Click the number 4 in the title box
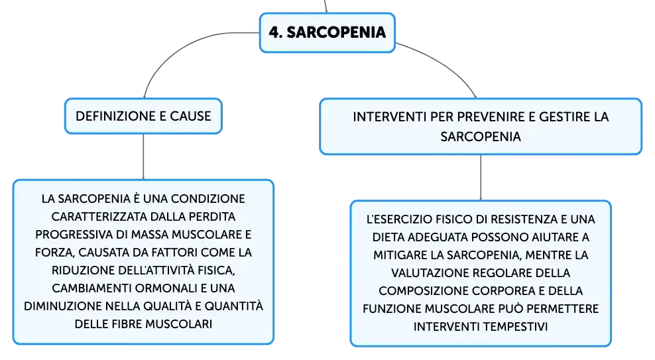(x=274, y=32)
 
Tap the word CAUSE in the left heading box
(x=190, y=116)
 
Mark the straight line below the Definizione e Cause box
(x=143, y=156)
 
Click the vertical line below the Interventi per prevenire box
(x=481, y=178)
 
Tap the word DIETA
(x=387, y=237)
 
